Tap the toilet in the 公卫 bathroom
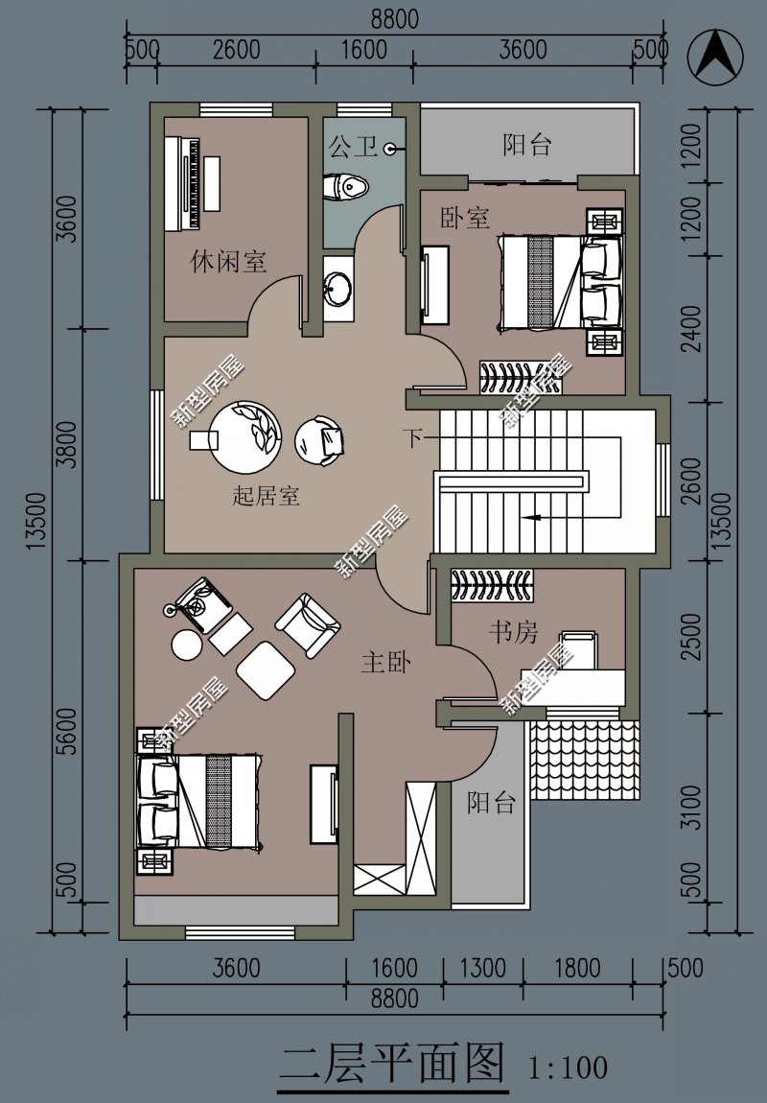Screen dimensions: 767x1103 pos(346,188)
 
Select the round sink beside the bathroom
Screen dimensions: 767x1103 pos(338,289)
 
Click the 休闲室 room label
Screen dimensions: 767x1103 pos(228,262)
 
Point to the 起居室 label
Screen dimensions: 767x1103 pos(266,495)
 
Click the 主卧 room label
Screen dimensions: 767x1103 pos(386,661)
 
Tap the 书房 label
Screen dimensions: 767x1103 pos(513,632)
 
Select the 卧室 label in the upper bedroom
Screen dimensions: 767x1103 pos(465,218)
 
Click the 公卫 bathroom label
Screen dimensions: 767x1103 pos(354,147)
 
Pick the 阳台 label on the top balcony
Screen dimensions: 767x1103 pos(526,145)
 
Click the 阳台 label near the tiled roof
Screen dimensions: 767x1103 pos(491,803)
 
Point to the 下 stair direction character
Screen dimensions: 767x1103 pos(413,436)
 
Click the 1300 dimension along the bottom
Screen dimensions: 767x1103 pos(483,968)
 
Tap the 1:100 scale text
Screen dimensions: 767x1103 pos(568,1068)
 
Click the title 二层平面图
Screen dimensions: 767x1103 pos(392,1062)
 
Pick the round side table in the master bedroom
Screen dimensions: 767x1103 pos(187,645)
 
